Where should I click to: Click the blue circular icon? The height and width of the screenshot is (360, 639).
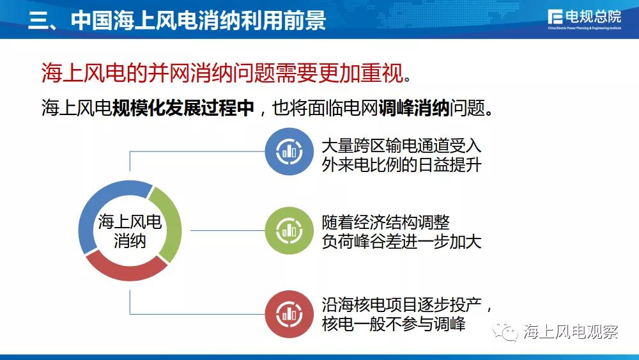[289, 152]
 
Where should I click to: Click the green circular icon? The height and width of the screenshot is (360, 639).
[289, 230]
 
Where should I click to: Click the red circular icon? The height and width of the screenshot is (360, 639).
[289, 314]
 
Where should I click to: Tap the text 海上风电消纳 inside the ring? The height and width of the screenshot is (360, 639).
[130, 231]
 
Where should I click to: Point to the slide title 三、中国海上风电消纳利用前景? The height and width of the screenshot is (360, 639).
[177, 19]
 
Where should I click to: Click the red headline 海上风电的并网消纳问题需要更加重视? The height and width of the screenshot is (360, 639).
[226, 73]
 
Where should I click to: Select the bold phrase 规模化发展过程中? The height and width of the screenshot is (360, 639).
[183, 107]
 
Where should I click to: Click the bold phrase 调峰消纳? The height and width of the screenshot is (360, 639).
[414, 107]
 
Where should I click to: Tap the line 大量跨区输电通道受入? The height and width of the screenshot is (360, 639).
[401, 145]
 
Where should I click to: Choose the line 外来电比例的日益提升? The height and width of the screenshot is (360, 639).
[401, 165]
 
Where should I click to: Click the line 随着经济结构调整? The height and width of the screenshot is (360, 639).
[385, 223]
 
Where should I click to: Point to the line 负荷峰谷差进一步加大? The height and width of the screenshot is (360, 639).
[401, 242]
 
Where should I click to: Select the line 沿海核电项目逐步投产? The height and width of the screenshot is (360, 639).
[401, 305]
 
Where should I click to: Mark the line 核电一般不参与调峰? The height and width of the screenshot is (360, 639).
[394, 324]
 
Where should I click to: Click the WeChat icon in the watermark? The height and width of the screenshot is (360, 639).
[505, 332]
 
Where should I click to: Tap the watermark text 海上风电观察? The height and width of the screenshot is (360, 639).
[571, 332]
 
